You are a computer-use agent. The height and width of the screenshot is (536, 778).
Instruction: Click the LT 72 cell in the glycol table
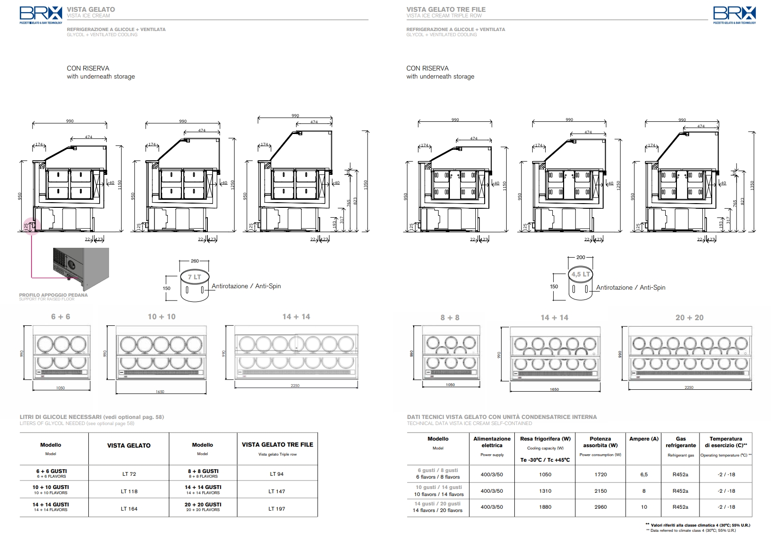pyautogui.click(x=129, y=474)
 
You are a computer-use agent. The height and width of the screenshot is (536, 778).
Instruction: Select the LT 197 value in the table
pyautogui.click(x=277, y=509)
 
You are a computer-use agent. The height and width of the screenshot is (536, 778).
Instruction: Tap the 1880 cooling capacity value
pyautogui.click(x=545, y=507)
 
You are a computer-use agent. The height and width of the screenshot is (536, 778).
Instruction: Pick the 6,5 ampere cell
pyautogui.click(x=644, y=474)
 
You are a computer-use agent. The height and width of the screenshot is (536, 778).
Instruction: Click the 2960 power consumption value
pyautogui.click(x=600, y=507)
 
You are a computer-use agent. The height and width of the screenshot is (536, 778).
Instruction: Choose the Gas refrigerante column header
pyautogui.click(x=681, y=442)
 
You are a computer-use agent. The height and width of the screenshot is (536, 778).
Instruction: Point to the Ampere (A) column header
pyautogui.click(x=644, y=439)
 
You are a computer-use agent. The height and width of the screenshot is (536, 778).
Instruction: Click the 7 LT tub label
pyautogui.click(x=194, y=277)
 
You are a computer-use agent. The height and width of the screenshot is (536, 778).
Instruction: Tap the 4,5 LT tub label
pyautogui.click(x=581, y=274)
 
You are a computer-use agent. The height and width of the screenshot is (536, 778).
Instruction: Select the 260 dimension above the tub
pyautogui.click(x=195, y=261)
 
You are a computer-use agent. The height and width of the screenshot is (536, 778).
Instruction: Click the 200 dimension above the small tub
pyautogui.click(x=581, y=258)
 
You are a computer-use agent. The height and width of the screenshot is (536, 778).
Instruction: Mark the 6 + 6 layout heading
pyautogui.click(x=61, y=317)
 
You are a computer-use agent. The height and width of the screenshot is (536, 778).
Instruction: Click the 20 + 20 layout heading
pyautogui.click(x=689, y=318)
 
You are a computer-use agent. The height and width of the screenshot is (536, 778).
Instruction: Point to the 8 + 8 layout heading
pyautogui.click(x=450, y=318)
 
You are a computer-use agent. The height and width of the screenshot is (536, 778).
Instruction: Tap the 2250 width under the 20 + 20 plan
pyautogui.click(x=689, y=388)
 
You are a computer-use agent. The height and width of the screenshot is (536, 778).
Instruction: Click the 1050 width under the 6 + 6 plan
pyautogui.click(x=60, y=388)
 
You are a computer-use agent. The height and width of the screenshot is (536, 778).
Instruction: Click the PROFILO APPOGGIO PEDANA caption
pyautogui.click(x=53, y=295)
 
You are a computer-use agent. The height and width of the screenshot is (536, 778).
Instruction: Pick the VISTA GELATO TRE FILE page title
pyautogui.click(x=446, y=9)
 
